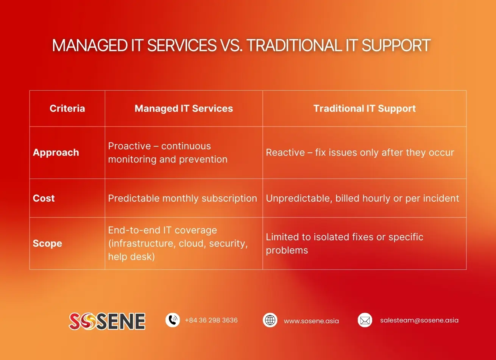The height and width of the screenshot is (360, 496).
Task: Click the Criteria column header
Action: (67, 108)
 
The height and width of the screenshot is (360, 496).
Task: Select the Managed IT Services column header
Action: (184, 109)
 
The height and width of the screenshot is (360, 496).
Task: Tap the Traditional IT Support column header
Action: (365, 109)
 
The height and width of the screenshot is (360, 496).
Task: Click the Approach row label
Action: (56, 153)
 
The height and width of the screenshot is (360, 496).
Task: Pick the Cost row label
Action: (44, 198)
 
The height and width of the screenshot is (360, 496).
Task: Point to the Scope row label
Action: (47, 243)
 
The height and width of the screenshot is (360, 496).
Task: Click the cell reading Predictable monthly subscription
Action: (182, 199)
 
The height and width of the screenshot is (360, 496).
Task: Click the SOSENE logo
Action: (107, 321)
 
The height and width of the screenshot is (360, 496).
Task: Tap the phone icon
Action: (173, 320)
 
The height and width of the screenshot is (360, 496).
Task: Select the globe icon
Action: (270, 320)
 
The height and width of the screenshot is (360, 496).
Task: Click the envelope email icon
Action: (365, 320)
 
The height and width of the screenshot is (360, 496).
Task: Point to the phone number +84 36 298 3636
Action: (211, 320)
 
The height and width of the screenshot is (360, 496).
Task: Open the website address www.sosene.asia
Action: (311, 321)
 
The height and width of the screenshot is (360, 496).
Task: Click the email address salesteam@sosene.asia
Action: (420, 320)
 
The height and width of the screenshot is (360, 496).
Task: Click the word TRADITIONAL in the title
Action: (294, 45)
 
